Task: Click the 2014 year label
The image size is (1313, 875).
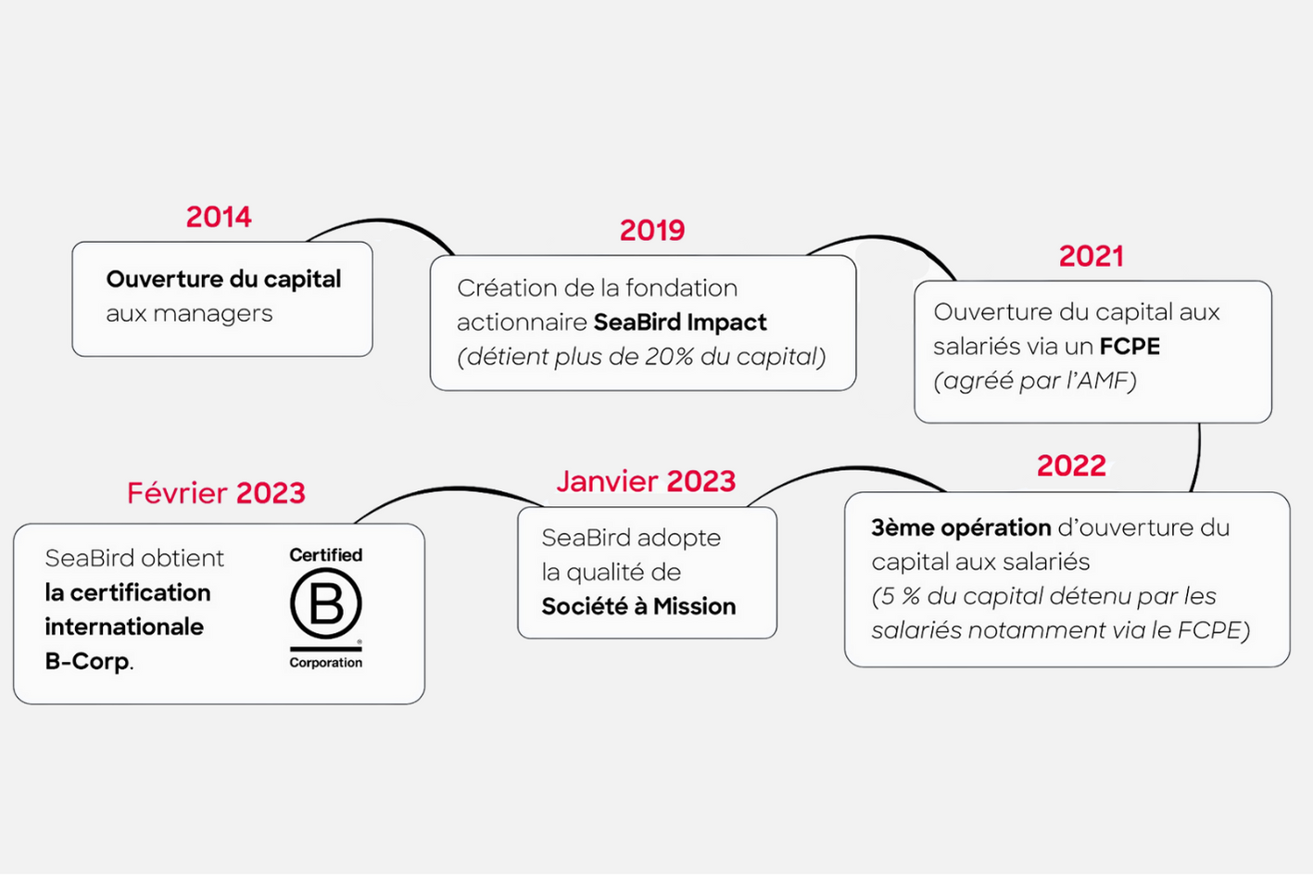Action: point(219,217)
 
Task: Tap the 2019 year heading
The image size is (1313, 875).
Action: point(652,230)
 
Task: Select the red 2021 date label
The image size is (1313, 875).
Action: point(1092,256)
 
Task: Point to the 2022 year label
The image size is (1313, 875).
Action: point(1071,465)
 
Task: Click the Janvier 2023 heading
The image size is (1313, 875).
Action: point(646,481)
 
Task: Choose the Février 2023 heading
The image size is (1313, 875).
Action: point(216,492)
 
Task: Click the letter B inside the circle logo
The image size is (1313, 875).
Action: point(326,604)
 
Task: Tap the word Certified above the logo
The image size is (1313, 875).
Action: point(326,555)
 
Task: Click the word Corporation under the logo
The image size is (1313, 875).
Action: point(326,663)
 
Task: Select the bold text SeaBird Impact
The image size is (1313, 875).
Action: point(680,323)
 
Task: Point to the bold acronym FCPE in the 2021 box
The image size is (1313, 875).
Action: point(1130,347)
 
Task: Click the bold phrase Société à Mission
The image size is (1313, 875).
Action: point(638,606)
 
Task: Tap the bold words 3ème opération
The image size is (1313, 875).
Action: point(961,528)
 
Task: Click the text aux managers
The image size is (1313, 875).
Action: point(189,313)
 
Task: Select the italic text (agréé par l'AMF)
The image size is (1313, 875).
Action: point(1035,381)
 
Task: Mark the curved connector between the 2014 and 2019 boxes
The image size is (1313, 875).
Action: point(381,222)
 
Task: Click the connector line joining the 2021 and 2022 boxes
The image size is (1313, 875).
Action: point(1197,458)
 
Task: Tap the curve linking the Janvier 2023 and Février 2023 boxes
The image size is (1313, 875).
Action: point(451,488)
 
